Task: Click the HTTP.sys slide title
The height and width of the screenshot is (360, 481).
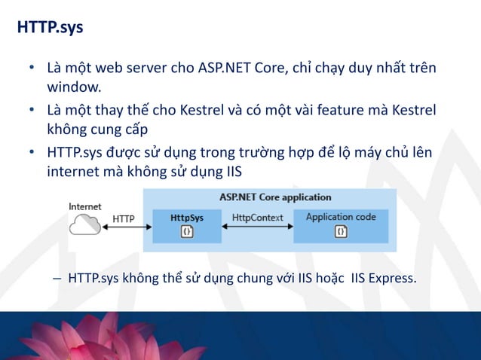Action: [x=51, y=28]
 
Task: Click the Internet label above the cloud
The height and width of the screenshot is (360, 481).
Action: [x=85, y=206]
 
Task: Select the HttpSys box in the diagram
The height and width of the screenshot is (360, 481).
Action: [x=187, y=224]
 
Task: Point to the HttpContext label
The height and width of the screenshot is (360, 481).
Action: [x=257, y=218]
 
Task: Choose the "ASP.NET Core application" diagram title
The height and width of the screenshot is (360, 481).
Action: [x=275, y=197]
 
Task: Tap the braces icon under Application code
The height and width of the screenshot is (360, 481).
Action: [x=341, y=232]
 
